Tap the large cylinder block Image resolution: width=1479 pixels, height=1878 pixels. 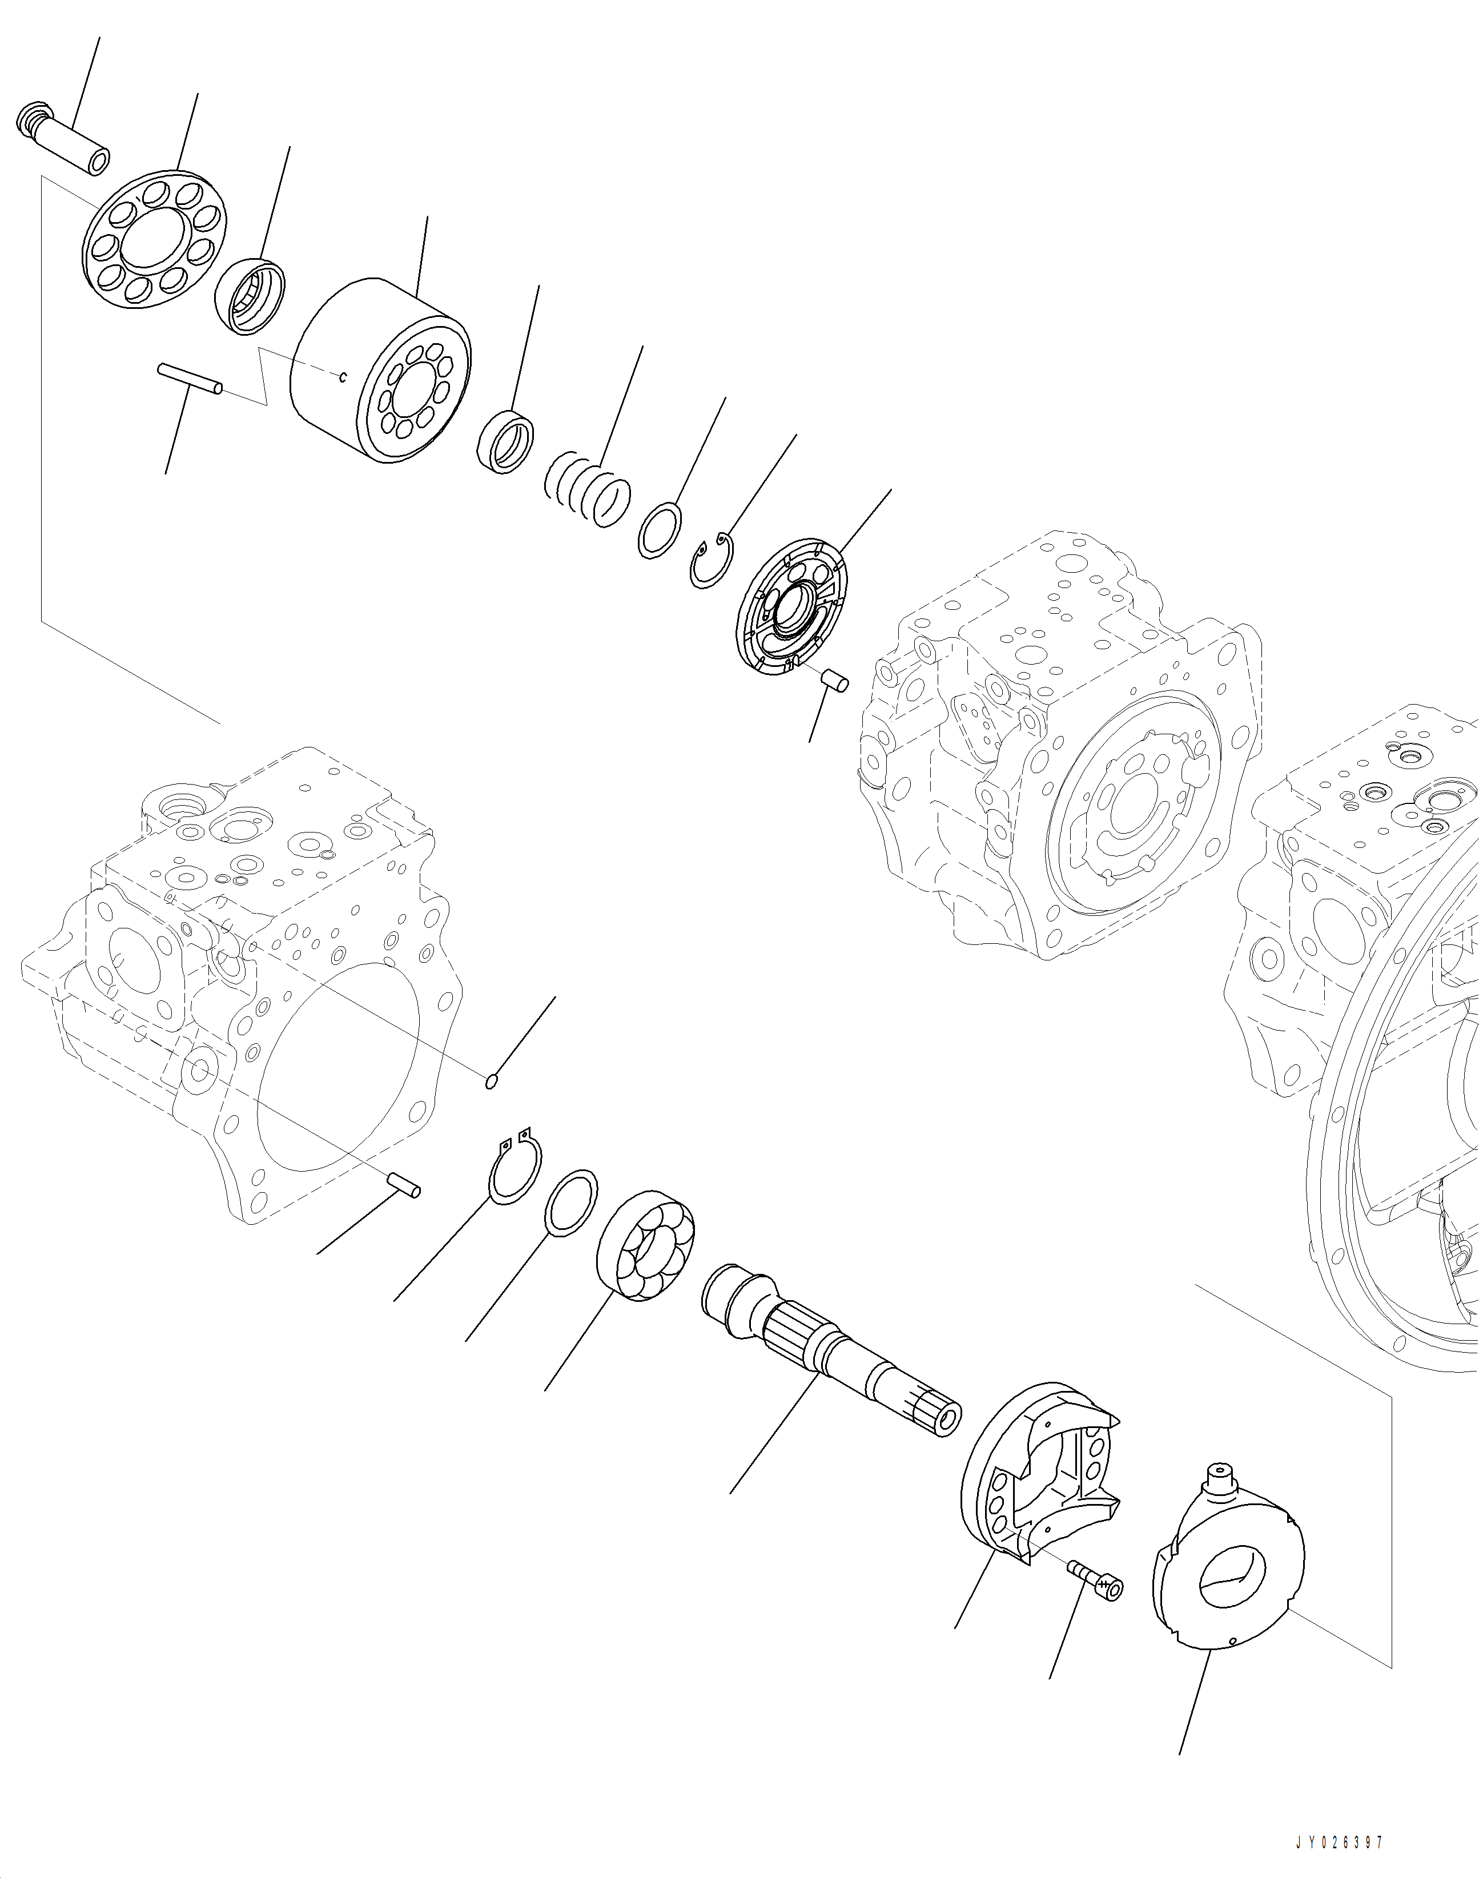pyautogui.click(x=381, y=371)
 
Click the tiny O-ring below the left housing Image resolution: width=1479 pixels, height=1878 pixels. pyautogui.click(x=491, y=1080)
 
